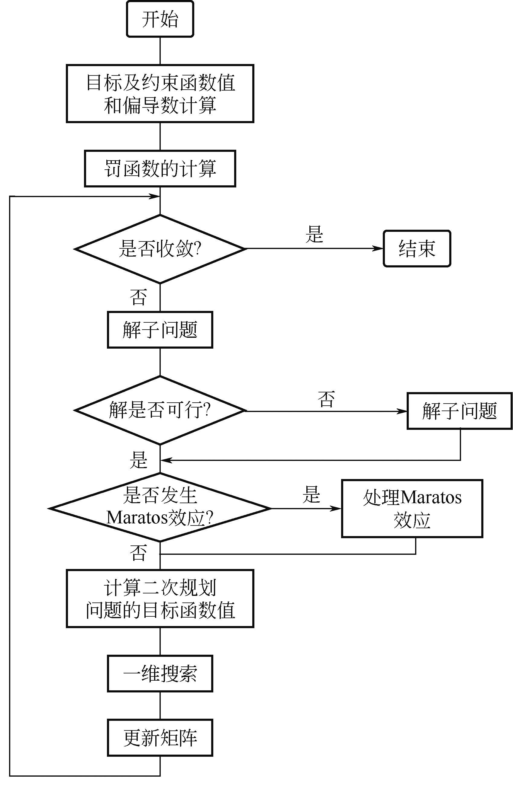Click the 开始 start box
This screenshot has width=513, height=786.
pyautogui.click(x=160, y=19)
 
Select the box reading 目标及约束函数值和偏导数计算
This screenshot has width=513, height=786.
pyautogui.click(x=160, y=94)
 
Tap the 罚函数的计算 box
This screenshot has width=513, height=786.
pyautogui.click(x=160, y=168)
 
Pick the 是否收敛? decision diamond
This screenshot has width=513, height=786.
pyautogui.click(x=160, y=249)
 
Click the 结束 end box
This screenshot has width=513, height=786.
pyautogui.click(x=417, y=248)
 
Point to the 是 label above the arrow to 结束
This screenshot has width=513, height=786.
pyautogui.click(x=314, y=234)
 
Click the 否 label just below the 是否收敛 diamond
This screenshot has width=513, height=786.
pyautogui.click(x=138, y=297)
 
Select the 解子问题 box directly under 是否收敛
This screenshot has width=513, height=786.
pyautogui.click(x=160, y=330)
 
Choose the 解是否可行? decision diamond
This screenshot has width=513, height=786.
pyautogui.click(x=160, y=411)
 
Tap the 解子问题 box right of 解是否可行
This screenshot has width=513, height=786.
pyautogui.click(x=460, y=411)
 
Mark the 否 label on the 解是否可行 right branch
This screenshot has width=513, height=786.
pyautogui.click(x=326, y=399)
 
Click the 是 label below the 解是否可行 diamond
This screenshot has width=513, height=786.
pyautogui.click(x=138, y=459)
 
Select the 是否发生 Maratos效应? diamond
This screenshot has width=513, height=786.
pyautogui.click(x=160, y=508)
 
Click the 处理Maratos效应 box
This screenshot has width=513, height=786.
pyautogui.click(x=412, y=508)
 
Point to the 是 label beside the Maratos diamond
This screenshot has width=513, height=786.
pyautogui.click(x=311, y=495)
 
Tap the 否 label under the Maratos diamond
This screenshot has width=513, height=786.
pyautogui.click(x=138, y=553)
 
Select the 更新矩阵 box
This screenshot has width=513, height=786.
pyautogui.click(x=160, y=737)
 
